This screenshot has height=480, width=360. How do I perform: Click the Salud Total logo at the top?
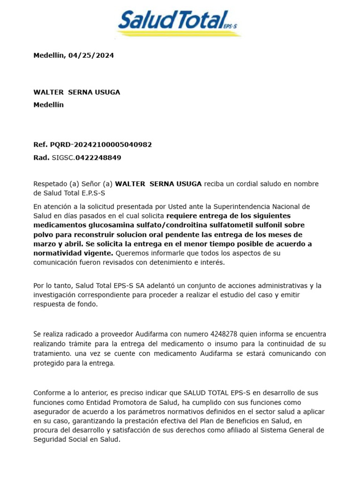pos(178,22)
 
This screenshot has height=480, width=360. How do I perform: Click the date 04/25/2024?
pos(91,55)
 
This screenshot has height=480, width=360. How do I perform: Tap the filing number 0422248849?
pos(98,157)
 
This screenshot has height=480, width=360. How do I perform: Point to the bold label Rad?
pos(41,157)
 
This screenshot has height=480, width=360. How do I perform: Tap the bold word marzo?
pos(44,244)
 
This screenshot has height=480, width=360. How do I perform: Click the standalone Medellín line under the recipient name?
pos(48,105)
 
